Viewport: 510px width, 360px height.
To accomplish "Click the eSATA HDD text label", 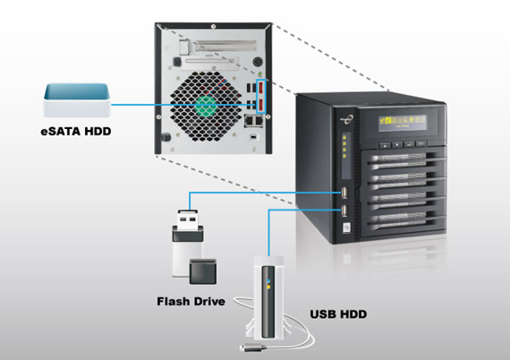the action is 76,132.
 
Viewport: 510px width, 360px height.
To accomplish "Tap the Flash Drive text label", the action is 191,302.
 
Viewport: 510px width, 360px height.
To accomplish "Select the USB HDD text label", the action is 338,314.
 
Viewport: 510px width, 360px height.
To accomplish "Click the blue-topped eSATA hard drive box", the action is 77,100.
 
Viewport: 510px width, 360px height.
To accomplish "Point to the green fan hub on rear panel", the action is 206,106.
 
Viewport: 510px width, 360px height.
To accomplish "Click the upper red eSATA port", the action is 261,89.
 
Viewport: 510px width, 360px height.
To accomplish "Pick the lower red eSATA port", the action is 261,105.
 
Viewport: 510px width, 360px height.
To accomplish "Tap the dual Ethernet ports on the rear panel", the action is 254,121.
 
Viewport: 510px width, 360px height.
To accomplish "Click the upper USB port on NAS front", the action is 344,193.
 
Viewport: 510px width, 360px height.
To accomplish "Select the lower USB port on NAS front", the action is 344,210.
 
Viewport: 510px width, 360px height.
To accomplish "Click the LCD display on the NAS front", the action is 403,123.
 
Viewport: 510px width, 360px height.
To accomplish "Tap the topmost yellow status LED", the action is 344,137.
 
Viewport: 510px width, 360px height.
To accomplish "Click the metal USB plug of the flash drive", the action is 188,219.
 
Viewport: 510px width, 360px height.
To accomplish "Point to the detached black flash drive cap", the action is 203,271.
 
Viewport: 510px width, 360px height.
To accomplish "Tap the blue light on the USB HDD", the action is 268,280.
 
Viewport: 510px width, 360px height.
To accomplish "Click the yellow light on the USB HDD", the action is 268,287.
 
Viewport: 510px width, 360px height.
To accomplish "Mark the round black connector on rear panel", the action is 258,62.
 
